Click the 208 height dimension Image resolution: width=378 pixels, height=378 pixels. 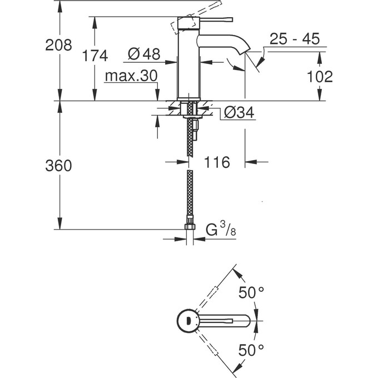[58, 46]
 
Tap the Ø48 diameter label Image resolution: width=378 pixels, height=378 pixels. [143, 54]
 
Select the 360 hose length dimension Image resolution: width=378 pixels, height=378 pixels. [58, 166]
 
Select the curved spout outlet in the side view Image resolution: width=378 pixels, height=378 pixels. [236, 50]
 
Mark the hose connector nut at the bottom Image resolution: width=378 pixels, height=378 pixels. [190, 226]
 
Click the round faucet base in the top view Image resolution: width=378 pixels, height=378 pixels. [188, 321]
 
